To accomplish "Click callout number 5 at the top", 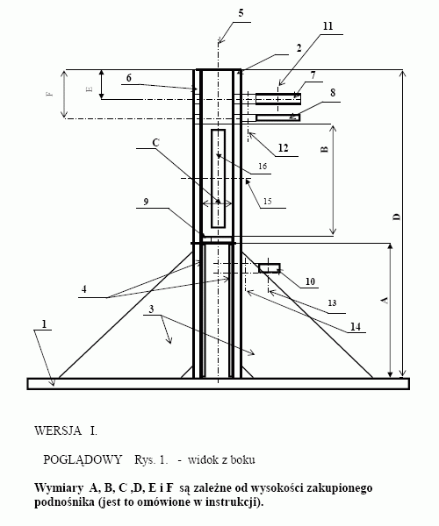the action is [241, 13].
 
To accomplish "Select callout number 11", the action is [327, 26].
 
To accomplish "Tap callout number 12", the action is [283, 147].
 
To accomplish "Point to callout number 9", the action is [146, 202].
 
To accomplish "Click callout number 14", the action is [356, 326].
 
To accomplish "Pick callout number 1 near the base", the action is [44, 324].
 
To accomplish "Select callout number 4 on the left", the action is [84, 288].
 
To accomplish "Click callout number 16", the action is [263, 166].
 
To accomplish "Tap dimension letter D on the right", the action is [397, 217].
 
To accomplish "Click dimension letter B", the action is [325, 149].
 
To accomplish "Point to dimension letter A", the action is [385, 300].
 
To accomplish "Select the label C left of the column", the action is [155, 143].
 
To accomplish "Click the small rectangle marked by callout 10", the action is [270, 268].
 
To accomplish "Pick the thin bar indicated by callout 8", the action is [278, 117].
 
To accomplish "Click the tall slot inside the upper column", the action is [219, 179].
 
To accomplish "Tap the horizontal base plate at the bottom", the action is [219, 384].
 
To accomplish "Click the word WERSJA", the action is [58, 430].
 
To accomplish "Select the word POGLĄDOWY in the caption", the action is [83, 459].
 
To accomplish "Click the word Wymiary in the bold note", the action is [59, 488].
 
